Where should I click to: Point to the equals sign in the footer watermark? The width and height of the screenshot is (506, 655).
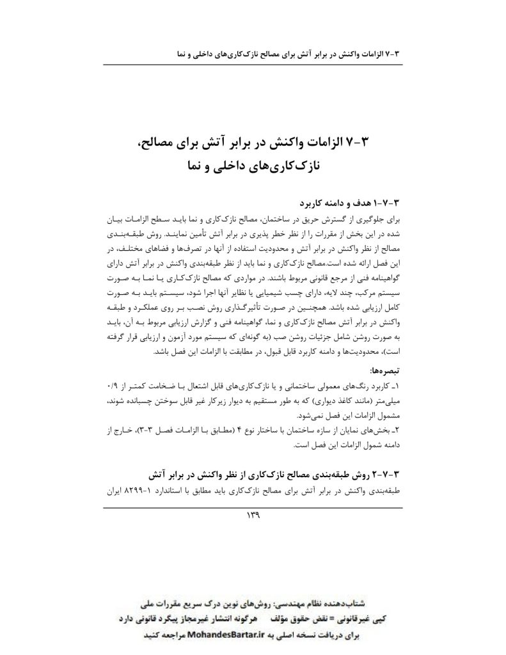[x=304, y=620]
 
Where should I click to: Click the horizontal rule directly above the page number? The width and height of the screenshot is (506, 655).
[x=253, y=507]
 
